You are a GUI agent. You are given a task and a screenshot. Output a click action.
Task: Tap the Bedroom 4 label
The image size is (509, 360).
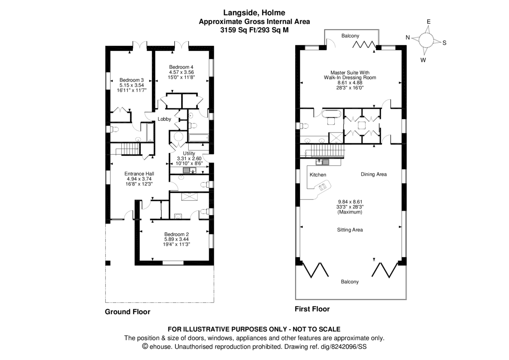coord(181,67)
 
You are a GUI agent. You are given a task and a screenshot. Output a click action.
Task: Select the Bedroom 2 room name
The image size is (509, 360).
coord(176,234)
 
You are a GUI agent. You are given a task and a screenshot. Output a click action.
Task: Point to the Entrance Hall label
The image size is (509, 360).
coord(139,173)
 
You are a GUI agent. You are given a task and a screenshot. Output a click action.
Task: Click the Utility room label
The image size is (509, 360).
coord(189,153)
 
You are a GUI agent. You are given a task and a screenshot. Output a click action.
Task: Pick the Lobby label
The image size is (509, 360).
coord(164,119)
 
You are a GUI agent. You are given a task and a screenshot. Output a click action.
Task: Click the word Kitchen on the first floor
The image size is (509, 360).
coord(318,175)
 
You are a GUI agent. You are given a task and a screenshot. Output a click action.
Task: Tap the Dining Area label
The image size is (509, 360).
coord(374,174)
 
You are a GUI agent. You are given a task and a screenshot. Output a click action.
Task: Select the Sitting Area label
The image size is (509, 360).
coord(350,230)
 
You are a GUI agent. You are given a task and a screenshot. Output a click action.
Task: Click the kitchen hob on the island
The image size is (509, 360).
coord(323,185)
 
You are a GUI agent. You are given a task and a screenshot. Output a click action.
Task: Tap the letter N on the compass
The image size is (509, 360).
coord(408,37)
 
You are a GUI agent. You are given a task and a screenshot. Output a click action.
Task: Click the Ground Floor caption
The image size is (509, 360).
coord(127,312)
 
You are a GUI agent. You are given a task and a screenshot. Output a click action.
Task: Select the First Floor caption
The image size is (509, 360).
coord(312,309)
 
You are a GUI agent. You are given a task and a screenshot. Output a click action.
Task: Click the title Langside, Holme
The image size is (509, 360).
coord(255,13)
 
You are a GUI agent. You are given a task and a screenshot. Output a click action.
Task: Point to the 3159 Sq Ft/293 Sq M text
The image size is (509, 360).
coord(255,30)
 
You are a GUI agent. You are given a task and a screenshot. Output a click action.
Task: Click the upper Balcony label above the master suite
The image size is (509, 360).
coord(350,36)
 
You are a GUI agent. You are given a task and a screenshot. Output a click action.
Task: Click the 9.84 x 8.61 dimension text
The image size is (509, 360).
coord(350,202)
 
